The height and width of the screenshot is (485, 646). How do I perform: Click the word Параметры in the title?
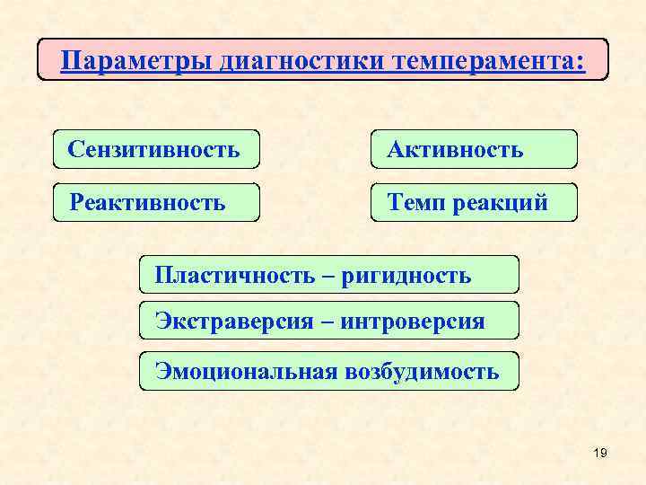[x=135, y=61]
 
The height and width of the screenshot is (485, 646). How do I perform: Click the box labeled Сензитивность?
[x=156, y=149]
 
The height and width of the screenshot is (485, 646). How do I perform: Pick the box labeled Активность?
[x=475, y=149]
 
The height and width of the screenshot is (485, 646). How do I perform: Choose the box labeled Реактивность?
[x=156, y=202]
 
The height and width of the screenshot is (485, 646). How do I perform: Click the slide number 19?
[x=600, y=453]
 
